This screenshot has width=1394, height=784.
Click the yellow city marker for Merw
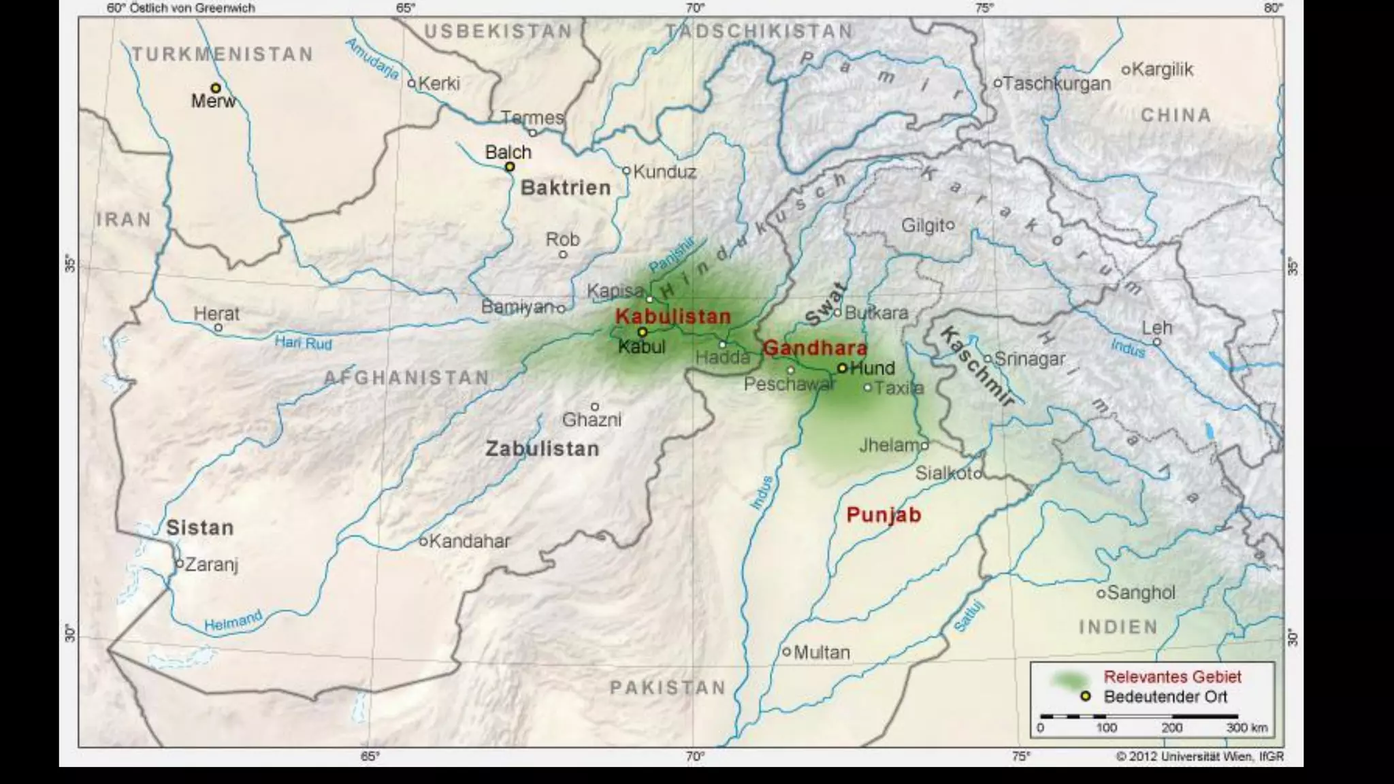(216, 88)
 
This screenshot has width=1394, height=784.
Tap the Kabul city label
(641, 347)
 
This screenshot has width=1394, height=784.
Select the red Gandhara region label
(815, 348)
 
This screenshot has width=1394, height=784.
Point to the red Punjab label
(884, 515)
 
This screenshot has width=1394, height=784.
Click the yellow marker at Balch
(510, 167)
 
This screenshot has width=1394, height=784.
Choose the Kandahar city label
(469, 542)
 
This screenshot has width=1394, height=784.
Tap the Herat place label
(216, 314)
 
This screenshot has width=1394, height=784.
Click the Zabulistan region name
(542, 449)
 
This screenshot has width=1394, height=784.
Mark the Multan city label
(822, 653)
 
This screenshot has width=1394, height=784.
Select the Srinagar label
(1029, 359)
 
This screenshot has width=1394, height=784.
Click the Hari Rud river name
(303, 343)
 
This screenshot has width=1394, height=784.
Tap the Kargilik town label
(1163, 69)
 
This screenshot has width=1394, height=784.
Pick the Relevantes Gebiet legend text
(1172, 677)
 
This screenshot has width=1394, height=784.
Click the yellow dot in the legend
(1085, 696)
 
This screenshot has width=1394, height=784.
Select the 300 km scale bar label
(1247, 728)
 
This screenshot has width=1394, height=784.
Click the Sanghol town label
(1141, 593)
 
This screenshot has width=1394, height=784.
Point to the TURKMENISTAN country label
(223, 54)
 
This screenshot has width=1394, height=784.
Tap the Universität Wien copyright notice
(1199, 756)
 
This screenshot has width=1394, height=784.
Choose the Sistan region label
(200, 527)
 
